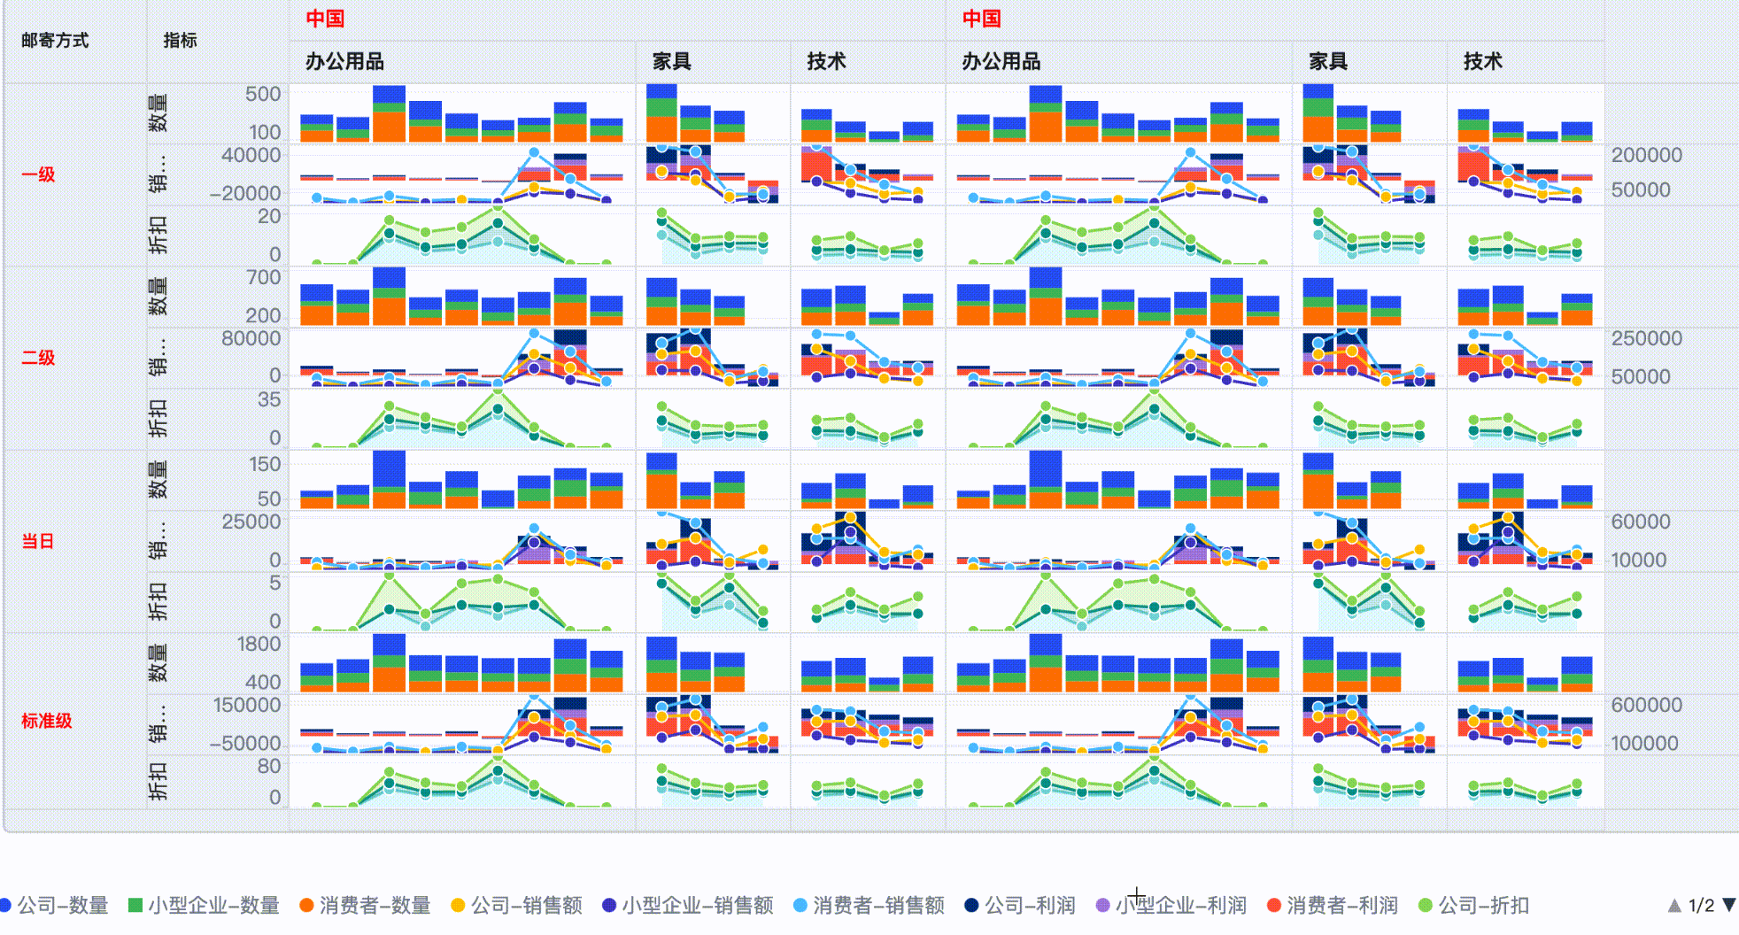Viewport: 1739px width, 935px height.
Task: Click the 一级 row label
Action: (x=39, y=174)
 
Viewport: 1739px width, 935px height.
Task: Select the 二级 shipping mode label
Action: (x=39, y=358)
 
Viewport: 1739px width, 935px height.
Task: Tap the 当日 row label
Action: (x=39, y=541)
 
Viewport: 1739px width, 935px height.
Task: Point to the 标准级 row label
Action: (x=47, y=721)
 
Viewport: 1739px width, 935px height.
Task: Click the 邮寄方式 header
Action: (x=55, y=41)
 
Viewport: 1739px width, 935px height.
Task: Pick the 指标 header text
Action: (x=181, y=41)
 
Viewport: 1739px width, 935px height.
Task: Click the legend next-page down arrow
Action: (x=1728, y=905)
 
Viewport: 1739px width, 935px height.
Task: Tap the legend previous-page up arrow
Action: (x=1674, y=905)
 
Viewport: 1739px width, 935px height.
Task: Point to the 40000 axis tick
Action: (x=251, y=155)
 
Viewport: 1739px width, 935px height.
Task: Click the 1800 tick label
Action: (x=259, y=645)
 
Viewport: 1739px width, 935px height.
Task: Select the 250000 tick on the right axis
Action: (x=1646, y=338)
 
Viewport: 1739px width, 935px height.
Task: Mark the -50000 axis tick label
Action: (x=245, y=744)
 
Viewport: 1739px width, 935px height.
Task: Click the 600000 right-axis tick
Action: (x=1646, y=705)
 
